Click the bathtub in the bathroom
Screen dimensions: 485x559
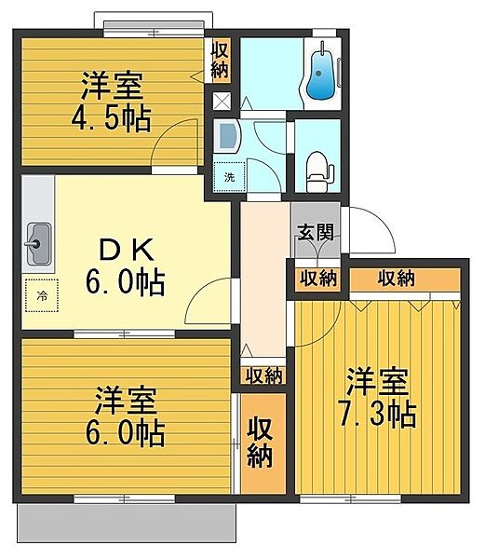(320, 72)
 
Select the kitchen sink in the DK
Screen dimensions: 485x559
(38, 243)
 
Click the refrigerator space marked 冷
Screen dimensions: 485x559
(42, 295)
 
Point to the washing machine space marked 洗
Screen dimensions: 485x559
(229, 176)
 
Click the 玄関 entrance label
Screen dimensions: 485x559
(316, 232)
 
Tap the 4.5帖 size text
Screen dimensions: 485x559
(111, 118)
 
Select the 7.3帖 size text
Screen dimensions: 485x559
(378, 415)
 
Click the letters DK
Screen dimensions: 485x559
(126, 250)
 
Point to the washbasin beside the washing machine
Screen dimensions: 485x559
(226, 136)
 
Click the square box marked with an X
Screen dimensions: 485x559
(222, 101)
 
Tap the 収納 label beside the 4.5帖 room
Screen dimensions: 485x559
(220, 61)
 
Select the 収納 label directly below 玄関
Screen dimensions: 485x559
(318, 278)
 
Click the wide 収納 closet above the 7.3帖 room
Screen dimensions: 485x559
(405, 279)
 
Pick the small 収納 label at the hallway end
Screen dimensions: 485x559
(263, 375)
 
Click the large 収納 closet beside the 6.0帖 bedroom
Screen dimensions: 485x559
(263, 443)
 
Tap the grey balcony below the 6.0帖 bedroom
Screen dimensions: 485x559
(127, 523)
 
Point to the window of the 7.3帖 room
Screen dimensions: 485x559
(351, 498)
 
